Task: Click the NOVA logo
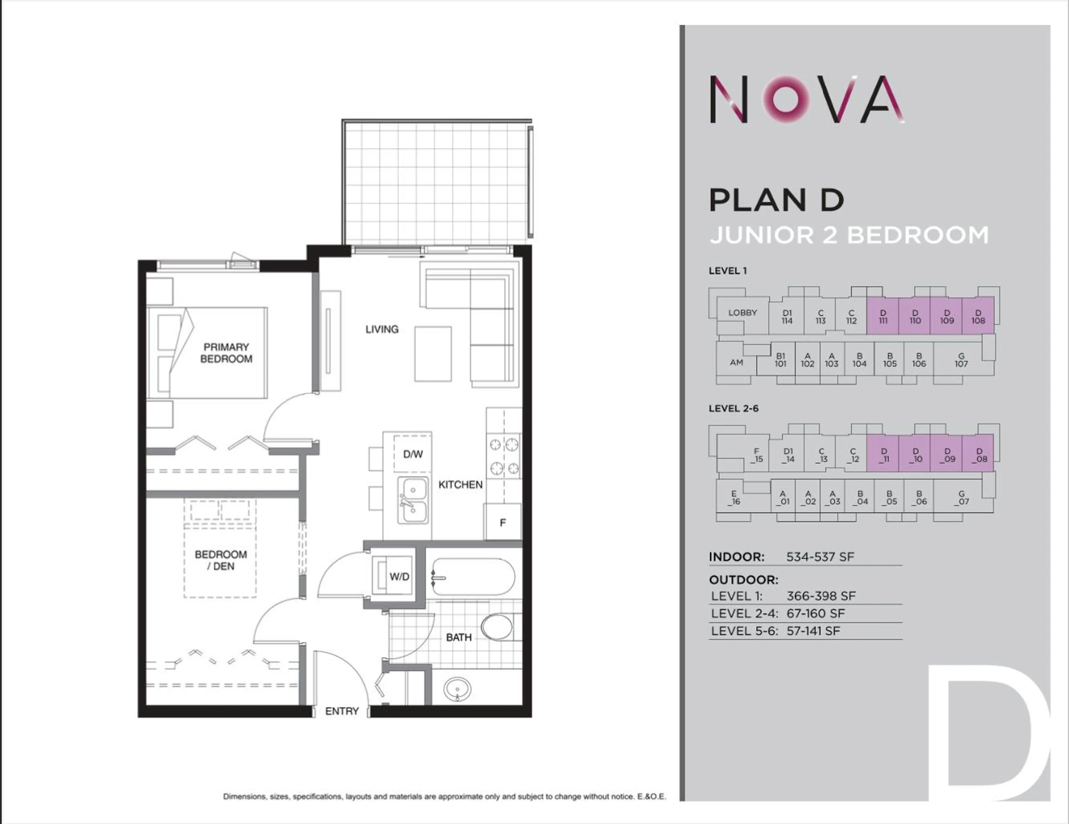(x=807, y=99)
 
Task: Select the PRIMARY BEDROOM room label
(x=226, y=353)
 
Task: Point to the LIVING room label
(x=382, y=329)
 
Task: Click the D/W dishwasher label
(x=413, y=454)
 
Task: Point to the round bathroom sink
(x=457, y=689)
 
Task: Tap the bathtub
(x=473, y=577)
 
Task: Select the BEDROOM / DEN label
(x=221, y=560)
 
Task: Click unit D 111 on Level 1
(x=883, y=317)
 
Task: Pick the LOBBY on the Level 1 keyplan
(x=742, y=313)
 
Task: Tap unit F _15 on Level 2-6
(x=757, y=455)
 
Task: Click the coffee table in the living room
(x=433, y=354)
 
